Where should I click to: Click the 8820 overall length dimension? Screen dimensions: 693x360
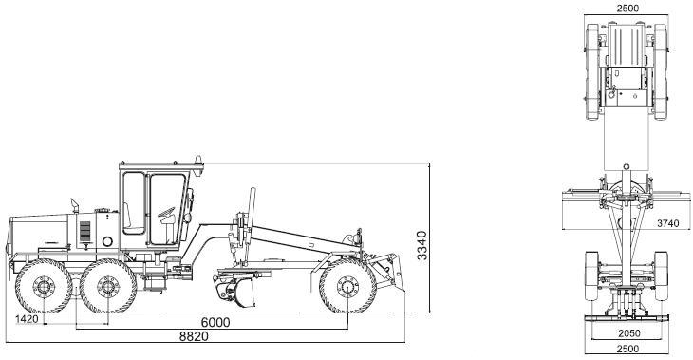[194, 336]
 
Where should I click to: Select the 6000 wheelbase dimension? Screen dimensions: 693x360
[215, 322]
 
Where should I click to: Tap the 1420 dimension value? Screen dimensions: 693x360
[27, 319]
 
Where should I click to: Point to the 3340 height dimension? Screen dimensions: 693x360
[422, 245]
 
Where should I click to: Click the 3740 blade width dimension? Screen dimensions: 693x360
[667, 223]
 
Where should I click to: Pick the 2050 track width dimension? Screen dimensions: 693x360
[628, 334]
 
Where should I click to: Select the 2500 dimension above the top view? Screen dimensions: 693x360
[628, 8]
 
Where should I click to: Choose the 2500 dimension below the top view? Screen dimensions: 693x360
[627, 349]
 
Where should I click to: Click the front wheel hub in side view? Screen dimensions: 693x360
[347, 287]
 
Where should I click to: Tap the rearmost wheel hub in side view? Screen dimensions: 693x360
[44, 287]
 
